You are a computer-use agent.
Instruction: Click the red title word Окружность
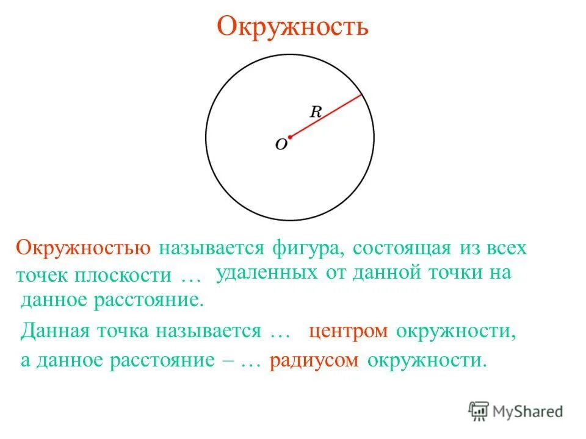point(292,26)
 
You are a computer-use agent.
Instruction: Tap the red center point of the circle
point(290,137)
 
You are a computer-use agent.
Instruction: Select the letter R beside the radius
point(316,112)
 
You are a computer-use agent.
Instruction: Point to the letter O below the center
point(281,145)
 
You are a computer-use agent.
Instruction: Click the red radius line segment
point(327,116)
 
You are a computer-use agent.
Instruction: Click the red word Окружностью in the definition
point(84,249)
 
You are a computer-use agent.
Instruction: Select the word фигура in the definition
point(299,249)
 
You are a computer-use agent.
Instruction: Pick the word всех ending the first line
point(506,249)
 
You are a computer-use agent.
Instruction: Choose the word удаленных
point(267,273)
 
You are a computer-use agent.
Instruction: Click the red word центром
point(348,331)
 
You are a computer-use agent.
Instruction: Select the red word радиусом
point(314,360)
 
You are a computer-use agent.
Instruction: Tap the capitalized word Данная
point(53,331)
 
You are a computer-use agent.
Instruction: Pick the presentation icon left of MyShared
point(479,412)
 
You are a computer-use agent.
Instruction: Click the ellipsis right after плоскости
point(191,276)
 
